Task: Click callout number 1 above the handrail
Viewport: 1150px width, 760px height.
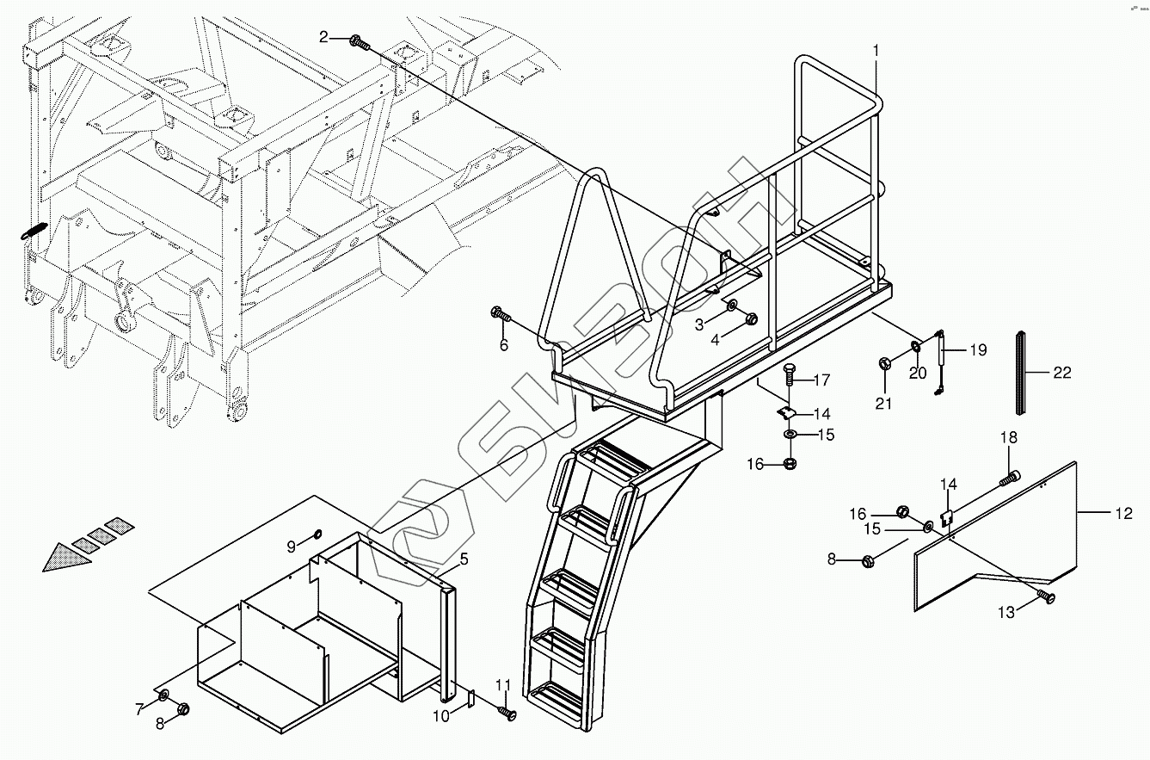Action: click(876, 51)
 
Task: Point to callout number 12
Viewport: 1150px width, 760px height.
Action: click(1123, 514)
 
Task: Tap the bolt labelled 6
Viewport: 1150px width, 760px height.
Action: click(499, 313)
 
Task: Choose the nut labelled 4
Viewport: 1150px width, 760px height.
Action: click(751, 318)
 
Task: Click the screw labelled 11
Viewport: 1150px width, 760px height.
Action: click(506, 713)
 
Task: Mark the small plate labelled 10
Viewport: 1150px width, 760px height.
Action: click(470, 699)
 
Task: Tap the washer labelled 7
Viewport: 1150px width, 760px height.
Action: click(163, 695)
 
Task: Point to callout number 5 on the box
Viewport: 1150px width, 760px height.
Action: click(463, 559)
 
